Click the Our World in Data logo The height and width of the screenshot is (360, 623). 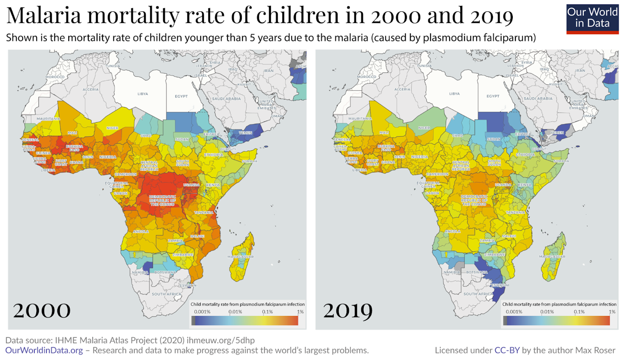pyautogui.click(x=593, y=19)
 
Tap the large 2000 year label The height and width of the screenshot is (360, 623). pyautogui.click(x=42, y=310)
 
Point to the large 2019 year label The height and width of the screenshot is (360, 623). pyautogui.click(x=348, y=310)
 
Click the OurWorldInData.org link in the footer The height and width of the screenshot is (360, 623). pyautogui.click(x=44, y=351)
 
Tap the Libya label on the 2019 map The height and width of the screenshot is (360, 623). pyautogui.click(x=454, y=94)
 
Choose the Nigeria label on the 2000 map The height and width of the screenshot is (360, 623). pyautogui.click(x=108, y=157)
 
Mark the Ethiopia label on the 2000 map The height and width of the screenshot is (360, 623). pyautogui.click(x=214, y=155)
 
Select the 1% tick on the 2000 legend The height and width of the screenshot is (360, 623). pyautogui.click(x=300, y=312)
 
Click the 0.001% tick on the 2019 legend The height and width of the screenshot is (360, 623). pyautogui.click(x=514, y=312)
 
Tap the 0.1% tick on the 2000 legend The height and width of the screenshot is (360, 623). pyautogui.click(x=267, y=312)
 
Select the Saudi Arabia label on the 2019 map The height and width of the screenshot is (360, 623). pyautogui.click(x=537, y=98)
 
